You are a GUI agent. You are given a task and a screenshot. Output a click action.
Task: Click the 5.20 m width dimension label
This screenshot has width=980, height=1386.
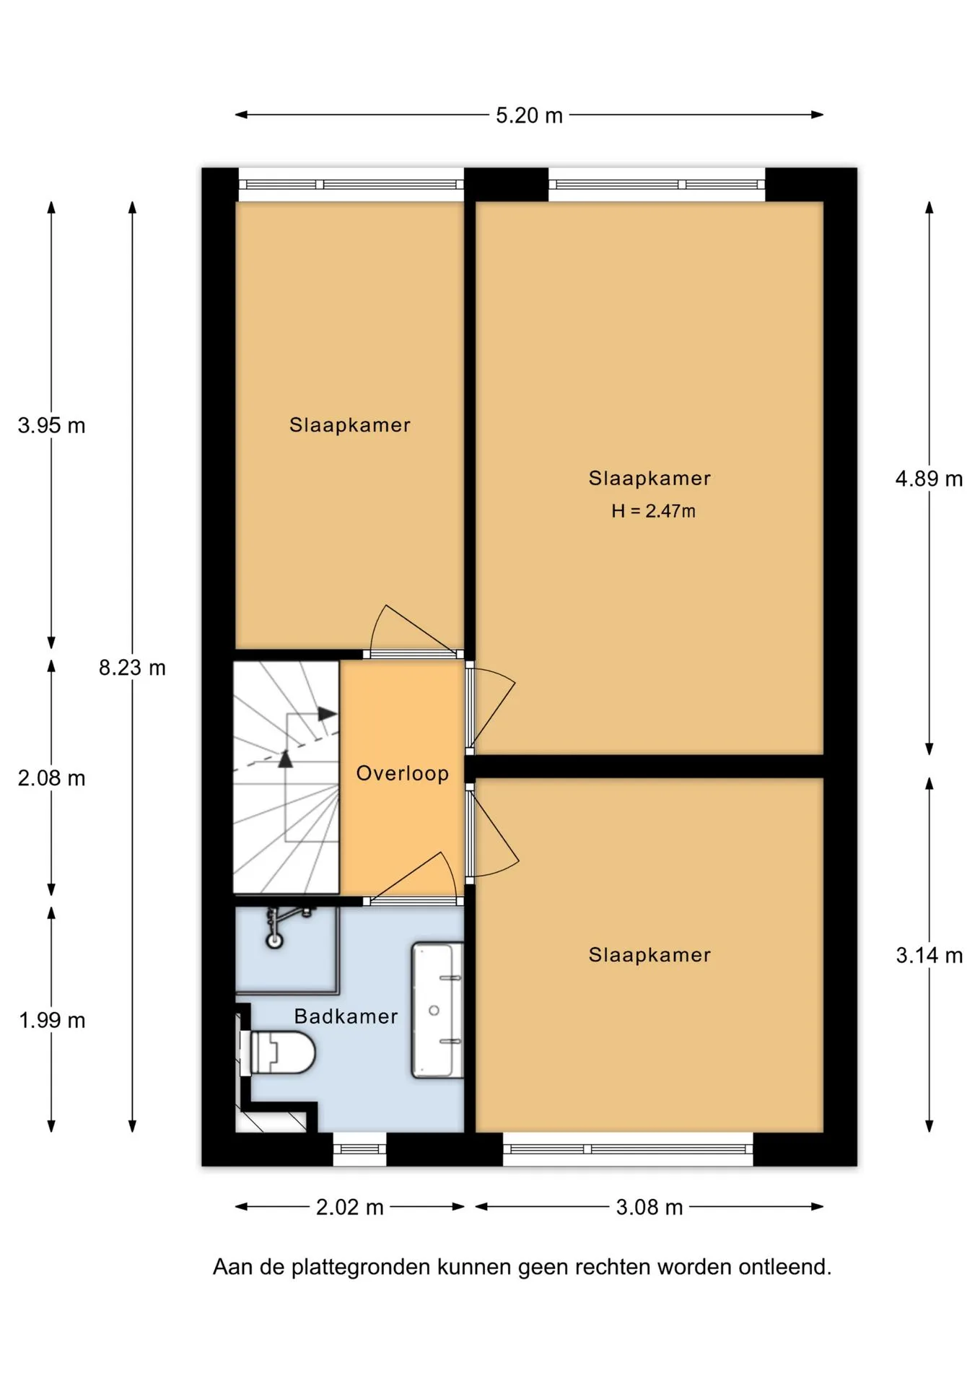(529, 115)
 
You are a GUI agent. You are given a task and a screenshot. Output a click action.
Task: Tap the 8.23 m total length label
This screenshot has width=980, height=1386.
(132, 668)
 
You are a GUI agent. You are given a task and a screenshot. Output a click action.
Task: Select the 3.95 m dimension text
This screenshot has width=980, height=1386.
(51, 425)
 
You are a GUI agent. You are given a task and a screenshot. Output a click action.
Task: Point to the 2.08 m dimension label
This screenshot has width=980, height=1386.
(51, 778)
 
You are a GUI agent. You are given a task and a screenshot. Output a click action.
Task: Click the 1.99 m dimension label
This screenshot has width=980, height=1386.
(51, 1020)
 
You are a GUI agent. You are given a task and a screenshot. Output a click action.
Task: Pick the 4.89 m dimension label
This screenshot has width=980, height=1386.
(929, 479)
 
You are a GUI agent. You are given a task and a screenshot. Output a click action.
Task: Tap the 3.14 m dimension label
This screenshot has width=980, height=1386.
(929, 955)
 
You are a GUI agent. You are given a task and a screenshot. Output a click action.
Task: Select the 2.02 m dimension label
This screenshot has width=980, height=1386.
(349, 1207)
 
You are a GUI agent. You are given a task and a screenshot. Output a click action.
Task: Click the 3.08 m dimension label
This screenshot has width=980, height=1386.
(649, 1207)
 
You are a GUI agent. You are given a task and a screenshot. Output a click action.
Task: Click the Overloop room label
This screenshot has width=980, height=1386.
(403, 773)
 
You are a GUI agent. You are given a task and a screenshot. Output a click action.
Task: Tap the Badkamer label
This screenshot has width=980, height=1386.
(346, 1016)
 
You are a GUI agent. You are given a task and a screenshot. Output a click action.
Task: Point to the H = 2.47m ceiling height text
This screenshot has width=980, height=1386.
(653, 511)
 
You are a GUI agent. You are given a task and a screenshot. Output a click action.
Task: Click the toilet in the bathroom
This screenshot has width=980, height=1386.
(281, 1052)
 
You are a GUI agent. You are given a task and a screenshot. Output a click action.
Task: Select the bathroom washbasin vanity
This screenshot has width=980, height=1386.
(437, 1011)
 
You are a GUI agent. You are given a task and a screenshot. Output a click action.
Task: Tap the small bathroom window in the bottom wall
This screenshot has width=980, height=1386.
(359, 1149)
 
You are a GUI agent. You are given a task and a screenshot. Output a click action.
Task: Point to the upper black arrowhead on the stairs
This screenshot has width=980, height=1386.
(328, 714)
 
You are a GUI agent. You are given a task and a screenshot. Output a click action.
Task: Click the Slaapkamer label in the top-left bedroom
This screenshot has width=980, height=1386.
(350, 425)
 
